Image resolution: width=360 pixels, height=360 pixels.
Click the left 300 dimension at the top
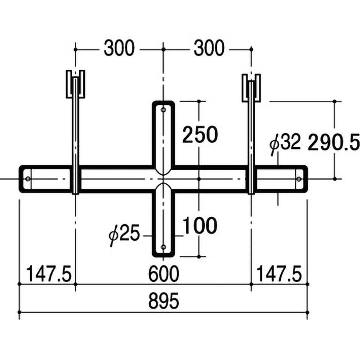click(x=119, y=48)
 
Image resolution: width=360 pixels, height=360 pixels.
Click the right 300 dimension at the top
click(x=208, y=48)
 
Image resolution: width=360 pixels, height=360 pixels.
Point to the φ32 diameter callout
click(x=285, y=144)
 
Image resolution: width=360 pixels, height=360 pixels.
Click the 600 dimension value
click(x=163, y=273)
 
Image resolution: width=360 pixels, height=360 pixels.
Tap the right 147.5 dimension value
click(x=279, y=273)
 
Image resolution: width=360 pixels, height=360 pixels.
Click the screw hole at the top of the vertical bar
click(x=163, y=109)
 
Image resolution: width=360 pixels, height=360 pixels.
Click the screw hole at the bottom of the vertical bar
click(x=163, y=247)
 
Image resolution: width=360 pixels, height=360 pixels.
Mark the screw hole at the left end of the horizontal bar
click(x=29, y=179)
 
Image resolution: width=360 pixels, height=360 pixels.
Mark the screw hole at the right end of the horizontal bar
click(x=299, y=179)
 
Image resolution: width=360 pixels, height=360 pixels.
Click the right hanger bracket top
click(x=251, y=84)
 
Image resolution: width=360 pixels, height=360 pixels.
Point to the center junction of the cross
click(x=163, y=179)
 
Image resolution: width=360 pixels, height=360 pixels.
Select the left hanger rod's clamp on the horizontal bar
click(x=75, y=179)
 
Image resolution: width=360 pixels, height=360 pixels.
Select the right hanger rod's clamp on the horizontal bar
click(x=251, y=179)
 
